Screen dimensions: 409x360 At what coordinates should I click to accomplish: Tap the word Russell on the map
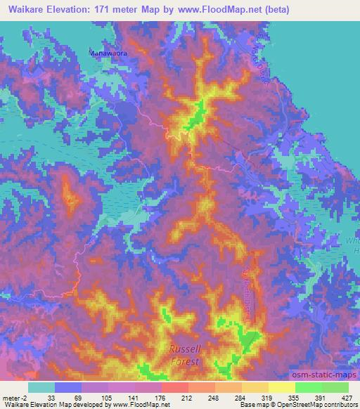click(x=184, y=349)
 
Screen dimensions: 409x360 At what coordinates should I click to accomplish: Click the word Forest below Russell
click(x=184, y=361)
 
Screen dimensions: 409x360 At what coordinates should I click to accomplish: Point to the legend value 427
click(x=347, y=398)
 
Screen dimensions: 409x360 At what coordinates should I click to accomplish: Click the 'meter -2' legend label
click(x=15, y=398)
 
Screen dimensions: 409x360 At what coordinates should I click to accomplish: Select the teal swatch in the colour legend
click(x=41, y=387)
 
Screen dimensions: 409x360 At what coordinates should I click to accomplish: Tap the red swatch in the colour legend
click(x=175, y=387)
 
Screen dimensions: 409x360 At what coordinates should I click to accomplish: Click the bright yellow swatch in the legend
click(x=282, y=387)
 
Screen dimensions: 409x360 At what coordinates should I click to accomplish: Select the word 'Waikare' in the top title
click(x=21, y=11)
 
